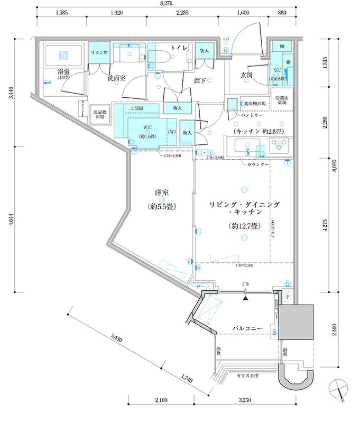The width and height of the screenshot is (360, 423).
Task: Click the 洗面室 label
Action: [117, 78]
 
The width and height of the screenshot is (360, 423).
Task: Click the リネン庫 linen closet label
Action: [99, 53]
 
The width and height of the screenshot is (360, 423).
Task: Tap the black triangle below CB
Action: [245, 297]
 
